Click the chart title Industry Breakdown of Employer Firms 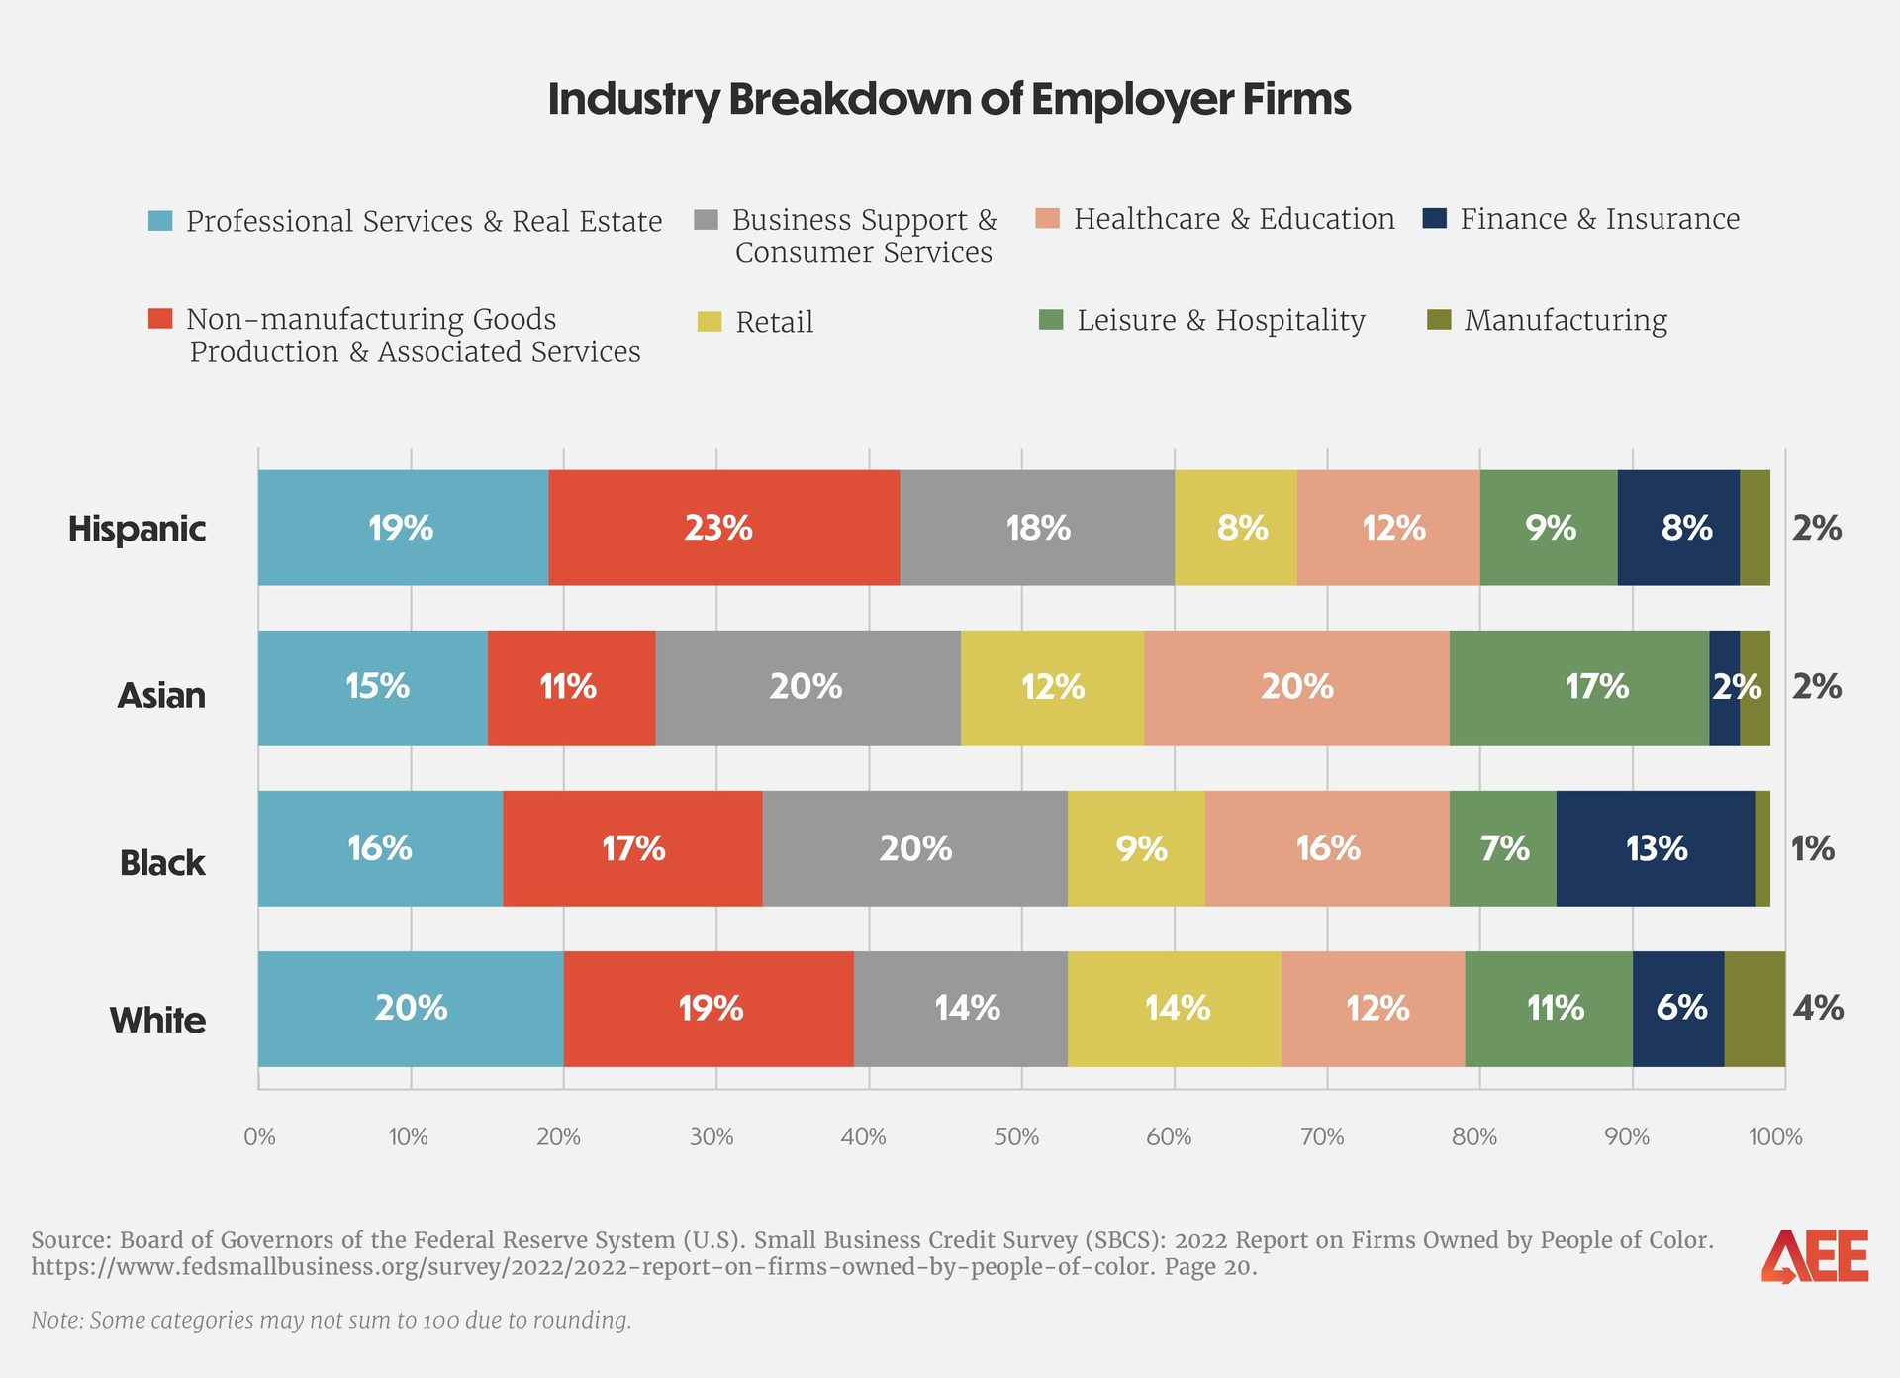coord(949,100)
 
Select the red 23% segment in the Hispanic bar coord(723,528)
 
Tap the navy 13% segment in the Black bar coord(1655,848)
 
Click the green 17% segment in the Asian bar coord(1578,688)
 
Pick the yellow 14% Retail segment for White coord(1175,1009)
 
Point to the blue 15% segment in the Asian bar coord(373,688)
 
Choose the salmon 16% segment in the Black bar coord(1327,848)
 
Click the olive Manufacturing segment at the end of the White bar coord(1755,1009)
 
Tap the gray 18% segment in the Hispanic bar coord(1037,528)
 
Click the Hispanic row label coord(137,529)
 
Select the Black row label coord(162,863)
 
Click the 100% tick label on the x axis coord(1775,1137)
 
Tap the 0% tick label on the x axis coord(259,1137)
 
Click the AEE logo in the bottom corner coord(1815,1256)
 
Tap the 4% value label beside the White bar coord(1818,1008)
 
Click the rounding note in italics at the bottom coord(332,1321)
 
